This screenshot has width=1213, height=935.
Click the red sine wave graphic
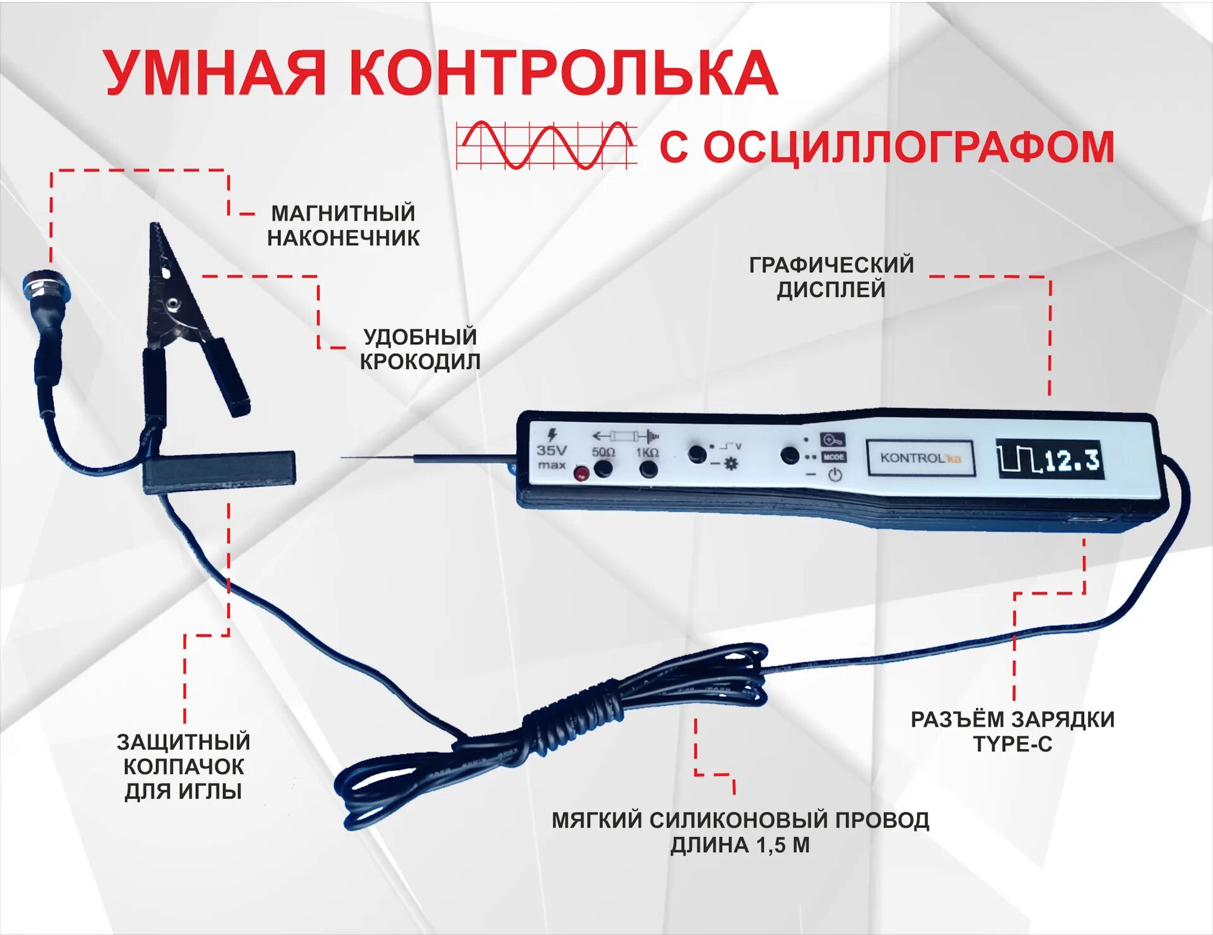click(x=546, y=145)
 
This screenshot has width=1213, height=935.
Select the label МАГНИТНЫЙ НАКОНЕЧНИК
click(x=343, y=226)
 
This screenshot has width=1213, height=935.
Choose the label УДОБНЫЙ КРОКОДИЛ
click(x=419, y=349)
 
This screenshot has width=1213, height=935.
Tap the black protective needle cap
click(x=219, y=471)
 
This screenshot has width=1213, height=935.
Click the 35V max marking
click(x=552, y=450)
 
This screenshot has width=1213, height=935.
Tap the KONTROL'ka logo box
click(x=920, y=458)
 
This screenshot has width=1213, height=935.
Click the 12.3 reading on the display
click(x=1072, y=461)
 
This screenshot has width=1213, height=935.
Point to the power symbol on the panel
click(x=835, y=475)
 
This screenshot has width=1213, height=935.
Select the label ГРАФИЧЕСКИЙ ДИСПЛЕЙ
click(x=831, y=277)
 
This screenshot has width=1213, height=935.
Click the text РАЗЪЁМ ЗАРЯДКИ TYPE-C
click(x=1012, y=732)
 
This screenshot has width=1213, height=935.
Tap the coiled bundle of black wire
click(x=569, y=720)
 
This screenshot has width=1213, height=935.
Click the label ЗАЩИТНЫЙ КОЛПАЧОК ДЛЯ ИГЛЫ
click(x=183, y=766)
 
